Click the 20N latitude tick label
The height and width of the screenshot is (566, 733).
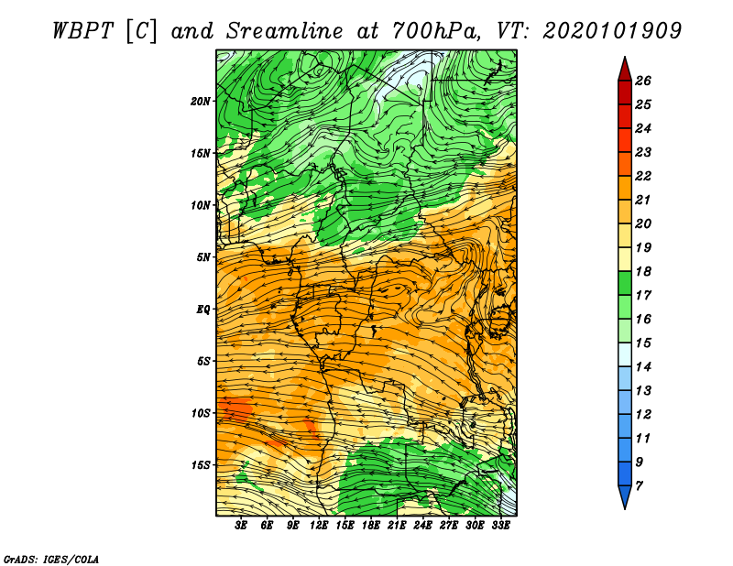pos(201,102)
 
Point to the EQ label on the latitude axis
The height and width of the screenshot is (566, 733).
pos(203,310)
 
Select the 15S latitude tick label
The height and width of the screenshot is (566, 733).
pos(201,465)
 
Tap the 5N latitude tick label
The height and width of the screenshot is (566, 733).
pos(203,257)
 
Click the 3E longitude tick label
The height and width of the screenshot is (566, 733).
pos(241,525)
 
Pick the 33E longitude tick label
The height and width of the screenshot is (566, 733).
pos(500,525)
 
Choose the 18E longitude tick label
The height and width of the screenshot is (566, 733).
pos(371,525)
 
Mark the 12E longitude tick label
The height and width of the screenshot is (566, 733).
pos(319,525)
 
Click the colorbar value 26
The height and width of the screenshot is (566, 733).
pos(643,81)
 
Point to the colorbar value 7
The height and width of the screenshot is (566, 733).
pos(639,486)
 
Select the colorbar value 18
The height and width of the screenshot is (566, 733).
pos(643,271)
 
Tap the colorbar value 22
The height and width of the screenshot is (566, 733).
pos(643,176)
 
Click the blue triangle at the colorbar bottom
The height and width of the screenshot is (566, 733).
pos(625,495)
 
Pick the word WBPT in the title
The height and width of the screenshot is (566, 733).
pos(82,31)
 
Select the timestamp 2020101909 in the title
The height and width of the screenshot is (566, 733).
pos(612,31)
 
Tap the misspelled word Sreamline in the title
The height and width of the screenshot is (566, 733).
pos(285,31)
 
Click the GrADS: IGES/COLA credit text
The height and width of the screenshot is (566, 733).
pos(51,560)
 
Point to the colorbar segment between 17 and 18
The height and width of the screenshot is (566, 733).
pos(625,283)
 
